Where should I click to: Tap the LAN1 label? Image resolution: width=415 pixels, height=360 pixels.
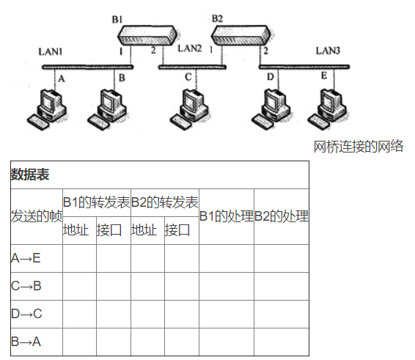51,52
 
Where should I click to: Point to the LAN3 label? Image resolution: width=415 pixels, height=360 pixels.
328,51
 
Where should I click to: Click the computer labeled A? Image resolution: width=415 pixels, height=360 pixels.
47,106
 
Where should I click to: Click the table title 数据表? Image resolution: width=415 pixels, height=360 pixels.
29,175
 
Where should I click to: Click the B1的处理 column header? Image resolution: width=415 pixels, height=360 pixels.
227,216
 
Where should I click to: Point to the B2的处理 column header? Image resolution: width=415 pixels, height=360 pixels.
282,216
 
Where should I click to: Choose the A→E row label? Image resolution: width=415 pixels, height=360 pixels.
26,257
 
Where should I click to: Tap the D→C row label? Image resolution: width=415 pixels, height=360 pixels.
26,313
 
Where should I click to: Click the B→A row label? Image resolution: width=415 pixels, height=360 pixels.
26,341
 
